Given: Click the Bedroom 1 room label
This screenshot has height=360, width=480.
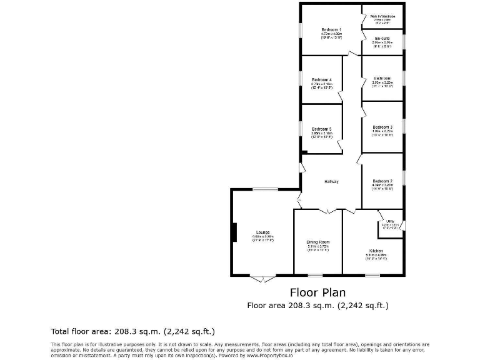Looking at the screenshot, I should point(331,29).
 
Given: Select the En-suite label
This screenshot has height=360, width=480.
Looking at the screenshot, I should point(382,38).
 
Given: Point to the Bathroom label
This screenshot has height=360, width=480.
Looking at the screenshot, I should point(382,78).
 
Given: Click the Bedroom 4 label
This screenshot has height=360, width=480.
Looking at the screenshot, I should point(322,79).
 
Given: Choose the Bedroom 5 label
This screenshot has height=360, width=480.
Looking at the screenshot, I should point(321,129).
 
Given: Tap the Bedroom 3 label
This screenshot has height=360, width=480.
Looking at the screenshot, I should point(382,127).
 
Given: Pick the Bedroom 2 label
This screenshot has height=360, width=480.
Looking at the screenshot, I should point(382,181).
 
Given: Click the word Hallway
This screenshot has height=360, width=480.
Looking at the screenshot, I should point(331,181).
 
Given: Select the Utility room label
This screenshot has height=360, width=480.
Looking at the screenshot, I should point(389,221).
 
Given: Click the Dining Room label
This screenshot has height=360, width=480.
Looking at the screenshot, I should point(317,242).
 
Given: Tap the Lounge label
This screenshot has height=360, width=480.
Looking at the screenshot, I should point(262,232).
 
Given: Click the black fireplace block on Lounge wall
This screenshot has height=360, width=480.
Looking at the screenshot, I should point(234,232).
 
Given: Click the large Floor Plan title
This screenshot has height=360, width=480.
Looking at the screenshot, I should point(317,292).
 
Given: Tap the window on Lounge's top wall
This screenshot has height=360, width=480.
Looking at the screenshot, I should point(269,189).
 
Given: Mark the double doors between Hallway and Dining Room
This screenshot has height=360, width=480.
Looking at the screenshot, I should point(328,211).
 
